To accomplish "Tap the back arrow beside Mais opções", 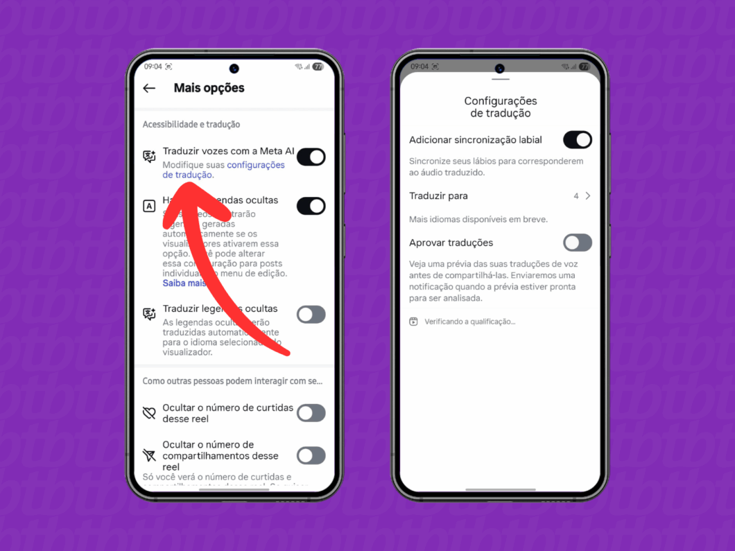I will pyautogui.click(x=149, y=89).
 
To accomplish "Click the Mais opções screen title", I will pyautogui.click(x=209, y=88).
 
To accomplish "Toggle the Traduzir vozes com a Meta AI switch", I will pyautogui.click(x=311, y=157).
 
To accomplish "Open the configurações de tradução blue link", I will pyautogui.click(x=255, y=165).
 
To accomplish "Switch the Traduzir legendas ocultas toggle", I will pyautogui.click(x=311, y=314).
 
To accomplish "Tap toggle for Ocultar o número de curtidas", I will pyautogui.click(x=311, y=413).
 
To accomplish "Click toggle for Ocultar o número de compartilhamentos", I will pyautogui.click(x=311, y=455).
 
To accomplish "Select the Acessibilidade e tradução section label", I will pyautogui.click(x=191, y=125).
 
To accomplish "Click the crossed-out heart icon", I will pyautogui.click(x=149, y=413).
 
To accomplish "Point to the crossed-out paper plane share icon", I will pyautogui.click(x=149, y=455).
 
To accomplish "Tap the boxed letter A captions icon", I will pyautogui.click(x=149, y=206).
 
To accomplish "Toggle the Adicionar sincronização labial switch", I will pyautogui.click(x=577, y=140).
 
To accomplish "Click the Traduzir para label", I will pyautogui.click(x=438, y=196).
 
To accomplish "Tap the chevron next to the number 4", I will pyautogui.click(x=588, y=196).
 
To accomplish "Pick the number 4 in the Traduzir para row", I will pyautogui.click(x=576, y=196).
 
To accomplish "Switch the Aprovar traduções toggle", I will pyautogui.click(x=577, y=243).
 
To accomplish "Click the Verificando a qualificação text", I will pyautogui.click(x=469, y=322).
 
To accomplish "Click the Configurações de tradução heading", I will pyautogui.click(x=500, y=107).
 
